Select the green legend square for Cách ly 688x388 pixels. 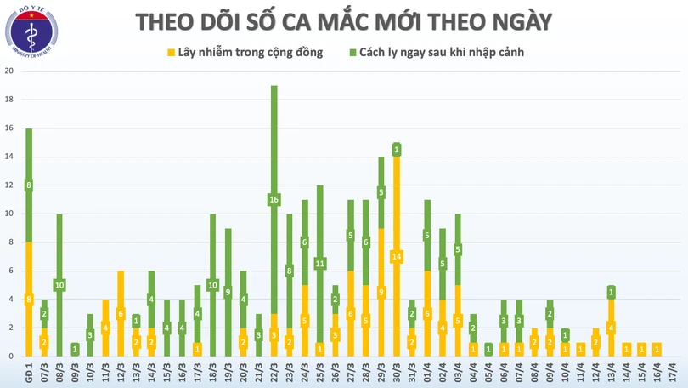pos(352,53)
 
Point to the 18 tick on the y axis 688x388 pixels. pos(8,100)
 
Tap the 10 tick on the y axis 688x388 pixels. pos(8,214)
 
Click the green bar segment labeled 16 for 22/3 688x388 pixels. pos(274,200)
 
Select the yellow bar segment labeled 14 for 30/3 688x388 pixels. pos(396,255)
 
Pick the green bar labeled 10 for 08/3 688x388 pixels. pos(59,284)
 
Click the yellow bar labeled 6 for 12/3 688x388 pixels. pos(121,313)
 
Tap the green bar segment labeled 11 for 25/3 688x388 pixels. pos(320,264)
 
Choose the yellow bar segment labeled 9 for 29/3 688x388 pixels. pos(381,292)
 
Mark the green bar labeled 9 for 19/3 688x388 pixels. pos(228,292)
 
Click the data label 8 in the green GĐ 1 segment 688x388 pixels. pos(29,185)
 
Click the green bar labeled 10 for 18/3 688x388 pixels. pos(213,284)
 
